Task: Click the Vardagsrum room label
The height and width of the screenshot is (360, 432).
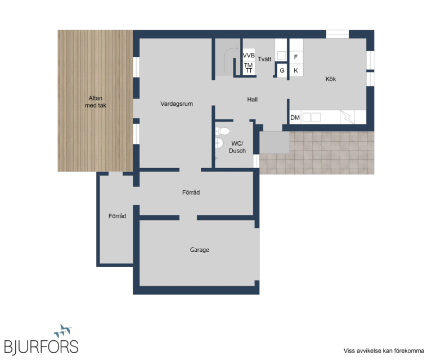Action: tap(177, 104)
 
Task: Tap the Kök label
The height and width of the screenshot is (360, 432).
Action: tap(331, 79)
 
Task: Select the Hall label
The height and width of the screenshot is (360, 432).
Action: tap(253, 100)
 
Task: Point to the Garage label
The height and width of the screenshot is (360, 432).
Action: tap(200, 250)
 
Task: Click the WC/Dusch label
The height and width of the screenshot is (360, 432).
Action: tap(237, 147)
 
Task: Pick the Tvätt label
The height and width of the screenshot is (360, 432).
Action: tap(264, 59)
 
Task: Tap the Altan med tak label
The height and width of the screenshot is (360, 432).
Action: tap(95, 102)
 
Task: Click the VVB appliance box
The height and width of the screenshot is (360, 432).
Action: tap(249, 55)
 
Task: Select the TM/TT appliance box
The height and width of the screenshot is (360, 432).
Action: tap(249, 68)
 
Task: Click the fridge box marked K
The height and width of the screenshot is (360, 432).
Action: tap(296, 70)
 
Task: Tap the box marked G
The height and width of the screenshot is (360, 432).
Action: tap(282, 70)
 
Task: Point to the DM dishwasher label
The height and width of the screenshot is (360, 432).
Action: tap(295, 118)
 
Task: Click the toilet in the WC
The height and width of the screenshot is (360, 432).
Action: tap(223, 131)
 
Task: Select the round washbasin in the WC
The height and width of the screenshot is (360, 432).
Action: tap(219, 143)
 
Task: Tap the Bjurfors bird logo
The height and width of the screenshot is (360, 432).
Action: tap(63, 331)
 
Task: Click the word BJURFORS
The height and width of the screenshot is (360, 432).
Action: tap(41, 346)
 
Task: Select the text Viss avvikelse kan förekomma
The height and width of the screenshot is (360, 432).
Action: tap(384, 350)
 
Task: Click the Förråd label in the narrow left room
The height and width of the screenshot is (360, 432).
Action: tap(118, 216)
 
